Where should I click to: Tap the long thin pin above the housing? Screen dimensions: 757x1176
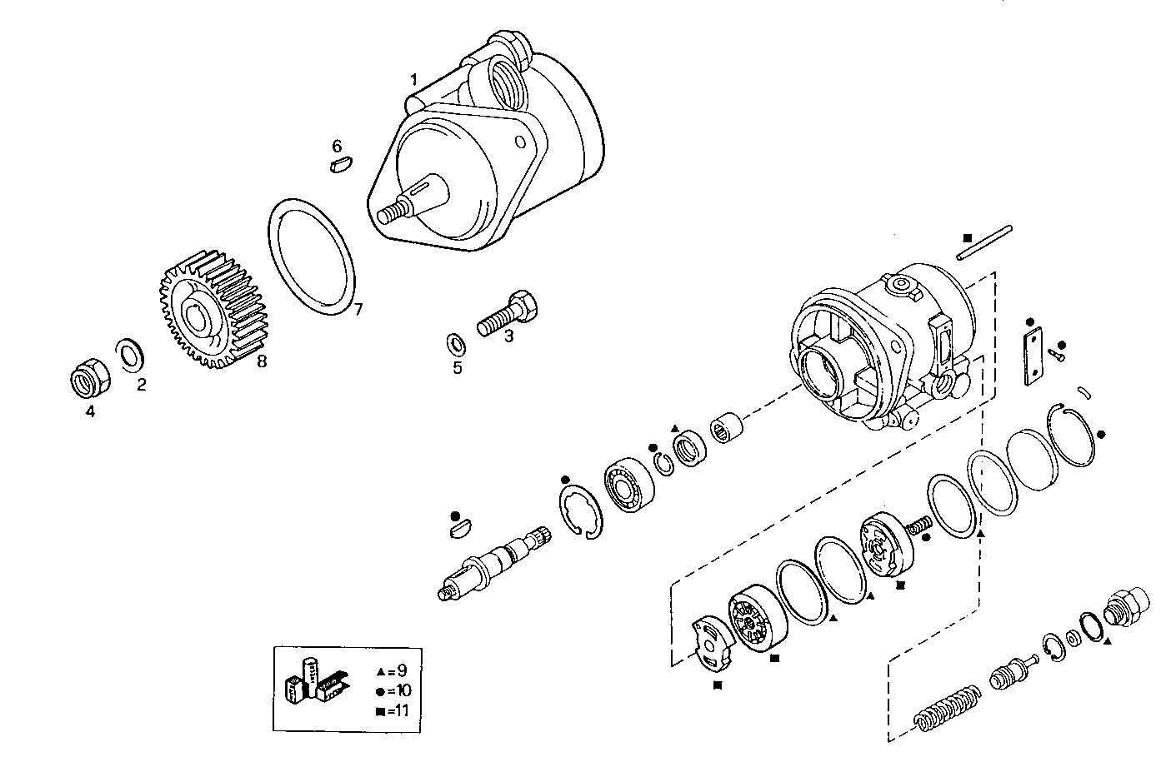click(984, 242)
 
